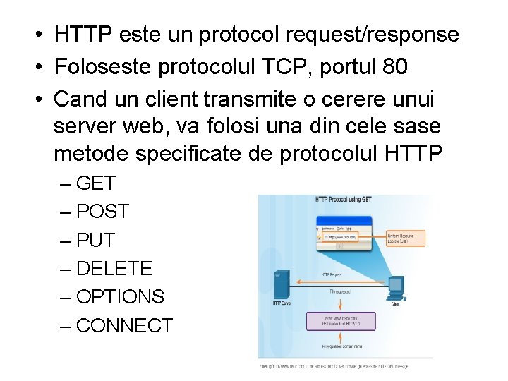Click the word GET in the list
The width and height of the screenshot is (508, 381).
coord(95,183)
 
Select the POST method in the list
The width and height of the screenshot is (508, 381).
coord(102,212)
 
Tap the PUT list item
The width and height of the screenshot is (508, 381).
coord(95,241)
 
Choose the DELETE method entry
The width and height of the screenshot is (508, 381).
coord(114,269)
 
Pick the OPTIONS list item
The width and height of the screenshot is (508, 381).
coord(120,297)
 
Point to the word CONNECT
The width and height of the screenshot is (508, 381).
coord(124,326)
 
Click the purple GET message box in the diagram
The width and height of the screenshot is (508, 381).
coord(341,321)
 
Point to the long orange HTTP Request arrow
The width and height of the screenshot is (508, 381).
coord(339,282)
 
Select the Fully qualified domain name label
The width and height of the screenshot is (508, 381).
coord(341,346)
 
